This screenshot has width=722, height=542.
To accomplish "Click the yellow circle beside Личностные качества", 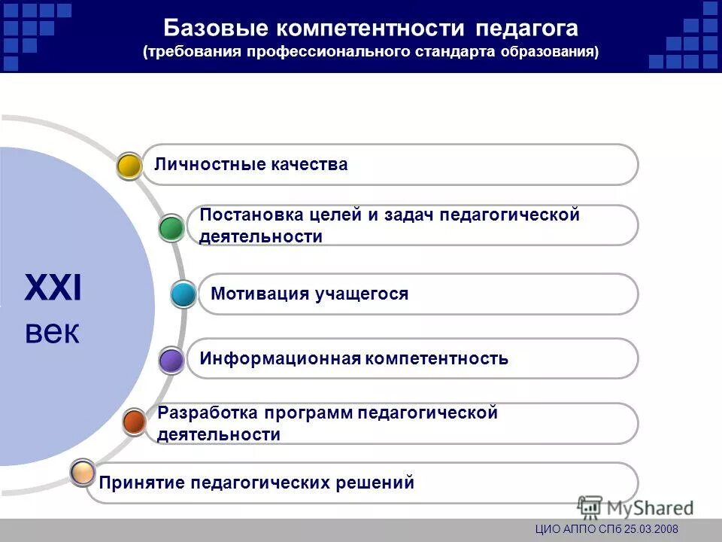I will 130,166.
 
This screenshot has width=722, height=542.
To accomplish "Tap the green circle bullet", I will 172,228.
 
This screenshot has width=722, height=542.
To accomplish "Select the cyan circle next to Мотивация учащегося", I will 184,294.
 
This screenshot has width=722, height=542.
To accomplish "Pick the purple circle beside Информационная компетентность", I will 172,361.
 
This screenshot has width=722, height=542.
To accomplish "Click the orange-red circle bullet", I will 135,422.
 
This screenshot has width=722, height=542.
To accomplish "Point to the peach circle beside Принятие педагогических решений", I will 83,473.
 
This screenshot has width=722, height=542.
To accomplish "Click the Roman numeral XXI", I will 53,289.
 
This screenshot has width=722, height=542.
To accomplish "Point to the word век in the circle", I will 52,332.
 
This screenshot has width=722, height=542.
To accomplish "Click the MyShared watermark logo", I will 636,507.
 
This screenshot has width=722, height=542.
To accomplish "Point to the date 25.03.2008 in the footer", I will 646,530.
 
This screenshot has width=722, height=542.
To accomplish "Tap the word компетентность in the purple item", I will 437,358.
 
